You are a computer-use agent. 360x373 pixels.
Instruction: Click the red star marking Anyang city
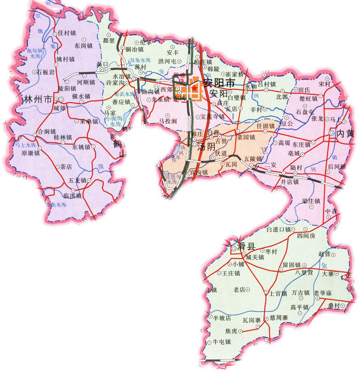194,87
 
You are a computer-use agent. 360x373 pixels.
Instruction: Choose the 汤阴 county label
207,147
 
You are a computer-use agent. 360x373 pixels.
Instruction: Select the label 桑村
334,306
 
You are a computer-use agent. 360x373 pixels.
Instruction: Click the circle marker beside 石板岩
34,72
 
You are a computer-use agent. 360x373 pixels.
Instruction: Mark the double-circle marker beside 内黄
332,133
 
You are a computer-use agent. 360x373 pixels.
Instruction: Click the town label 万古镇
301,292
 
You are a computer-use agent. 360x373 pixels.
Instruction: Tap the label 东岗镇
83,45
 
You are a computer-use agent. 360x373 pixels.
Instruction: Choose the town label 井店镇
289,182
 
